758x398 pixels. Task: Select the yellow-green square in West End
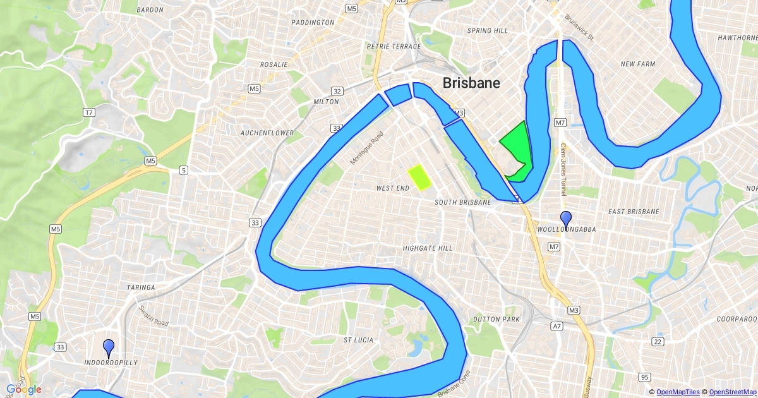(x=419, y=178)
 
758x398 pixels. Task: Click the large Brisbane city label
(x=471, y=83)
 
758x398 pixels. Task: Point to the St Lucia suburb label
(x=358, y=340)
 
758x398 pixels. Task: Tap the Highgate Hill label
(x=428, y=248)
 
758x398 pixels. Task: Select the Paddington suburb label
(x=313, y=22)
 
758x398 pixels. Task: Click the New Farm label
(x=637, y=64)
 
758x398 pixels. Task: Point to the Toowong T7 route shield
(x=88, y=112)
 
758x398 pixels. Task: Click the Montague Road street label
(x=367, y=148)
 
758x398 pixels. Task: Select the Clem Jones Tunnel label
(x=563, y=169)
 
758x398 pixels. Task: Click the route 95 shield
(x=644, y=377)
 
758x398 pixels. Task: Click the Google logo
(x=24, y=390)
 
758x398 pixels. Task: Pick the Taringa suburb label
(x=141, y=287)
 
